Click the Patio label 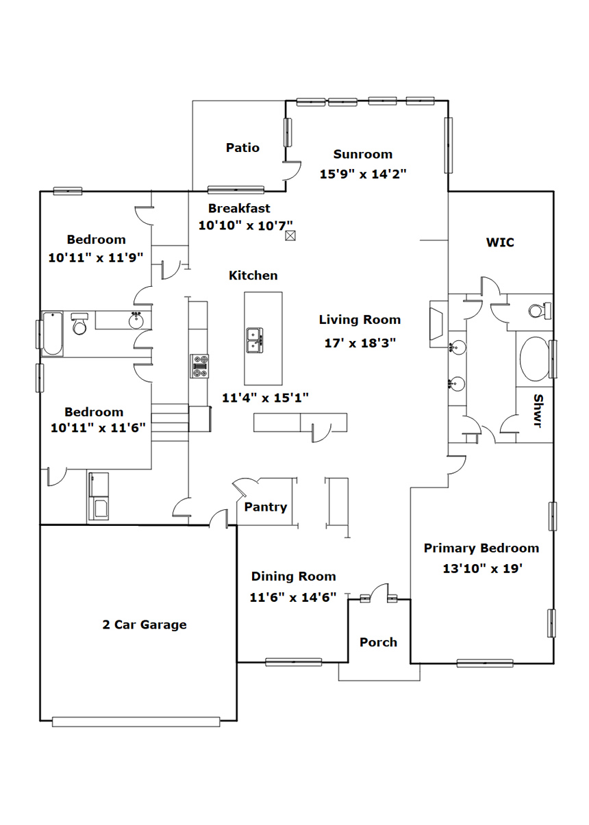point(242,148)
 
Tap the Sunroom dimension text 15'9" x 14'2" point(363,174)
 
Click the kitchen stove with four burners point(199,366)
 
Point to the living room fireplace point(438,324)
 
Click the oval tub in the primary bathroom point(534,359)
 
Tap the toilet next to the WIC point(540,310)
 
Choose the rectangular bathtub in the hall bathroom point(52,333)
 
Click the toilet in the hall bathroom point(79,324)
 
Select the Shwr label point(538,411)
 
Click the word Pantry point(265,507)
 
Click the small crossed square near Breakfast point(290,236)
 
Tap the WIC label point(500,242)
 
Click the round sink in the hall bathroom point(136,320)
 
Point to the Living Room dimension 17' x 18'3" point(360,343)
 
